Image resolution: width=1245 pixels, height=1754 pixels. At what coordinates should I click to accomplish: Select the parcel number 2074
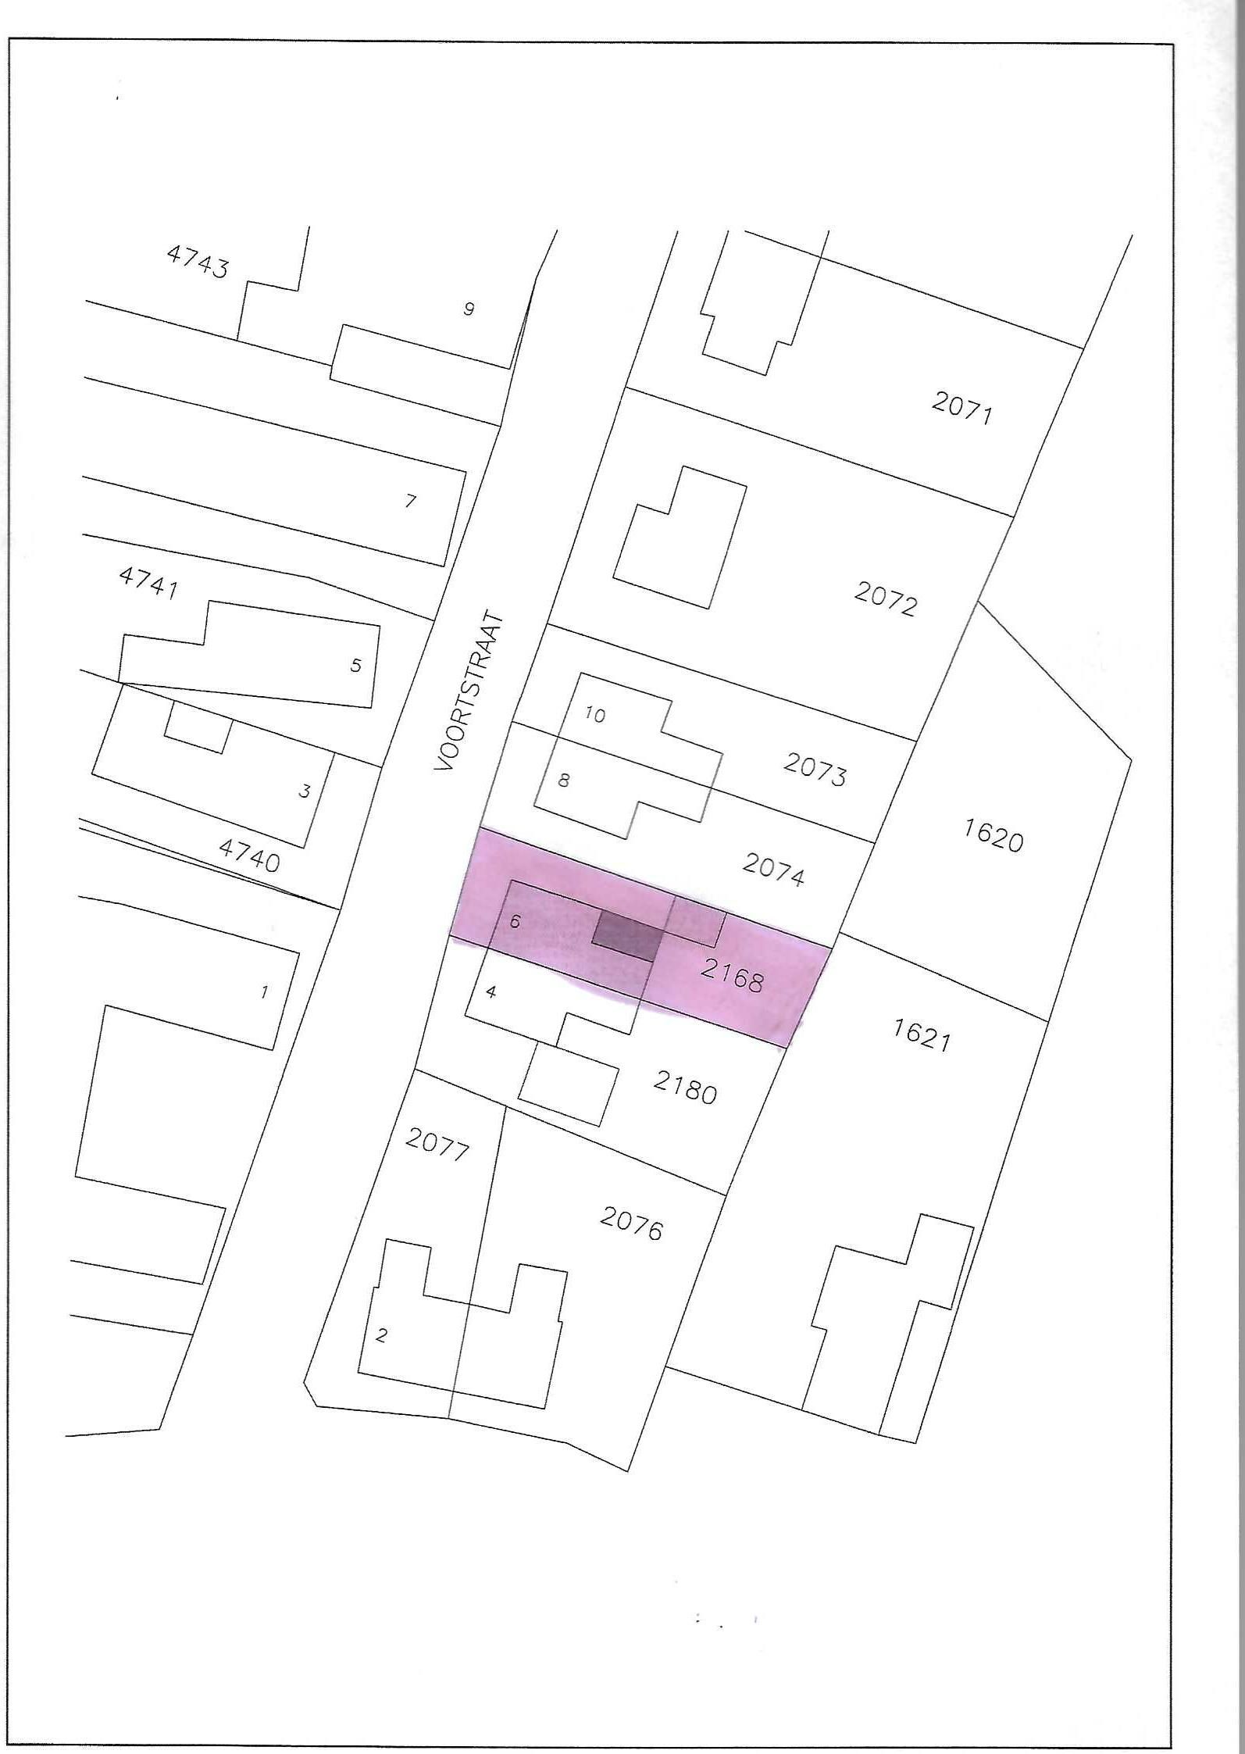click(773, 870)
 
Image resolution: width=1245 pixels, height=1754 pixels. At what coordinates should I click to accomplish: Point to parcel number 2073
click(815, 770)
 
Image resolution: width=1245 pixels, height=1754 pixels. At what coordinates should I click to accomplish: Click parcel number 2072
click(885, 600)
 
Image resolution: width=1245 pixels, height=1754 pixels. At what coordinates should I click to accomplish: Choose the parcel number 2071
click(962, 407)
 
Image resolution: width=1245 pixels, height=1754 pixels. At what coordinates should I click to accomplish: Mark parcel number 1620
click(993, 836)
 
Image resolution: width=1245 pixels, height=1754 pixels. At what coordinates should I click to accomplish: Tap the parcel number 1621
click(922, 1034)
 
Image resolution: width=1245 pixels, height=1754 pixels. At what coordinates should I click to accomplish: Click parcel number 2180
click(685, 1088)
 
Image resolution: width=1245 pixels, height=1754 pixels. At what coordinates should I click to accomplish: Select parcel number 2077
click(437, 1145)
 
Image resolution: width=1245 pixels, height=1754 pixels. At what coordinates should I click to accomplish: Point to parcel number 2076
click(631, 1224)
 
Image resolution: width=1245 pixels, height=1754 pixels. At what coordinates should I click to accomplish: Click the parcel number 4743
click(198, 262)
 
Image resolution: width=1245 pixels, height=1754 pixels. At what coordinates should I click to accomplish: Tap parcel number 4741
click(148, 583)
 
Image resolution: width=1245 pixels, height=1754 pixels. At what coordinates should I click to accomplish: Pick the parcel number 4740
click(249, 855)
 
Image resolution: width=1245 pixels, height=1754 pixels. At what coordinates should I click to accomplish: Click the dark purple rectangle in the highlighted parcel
click(626, 935)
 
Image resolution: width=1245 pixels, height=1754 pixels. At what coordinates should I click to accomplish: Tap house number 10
click(595, 715)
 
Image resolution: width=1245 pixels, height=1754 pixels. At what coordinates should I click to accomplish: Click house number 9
click(469, 309)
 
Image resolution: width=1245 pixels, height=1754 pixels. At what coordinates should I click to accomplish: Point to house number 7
click(411, 501)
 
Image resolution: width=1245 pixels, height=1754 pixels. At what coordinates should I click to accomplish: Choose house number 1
click(265, 992)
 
